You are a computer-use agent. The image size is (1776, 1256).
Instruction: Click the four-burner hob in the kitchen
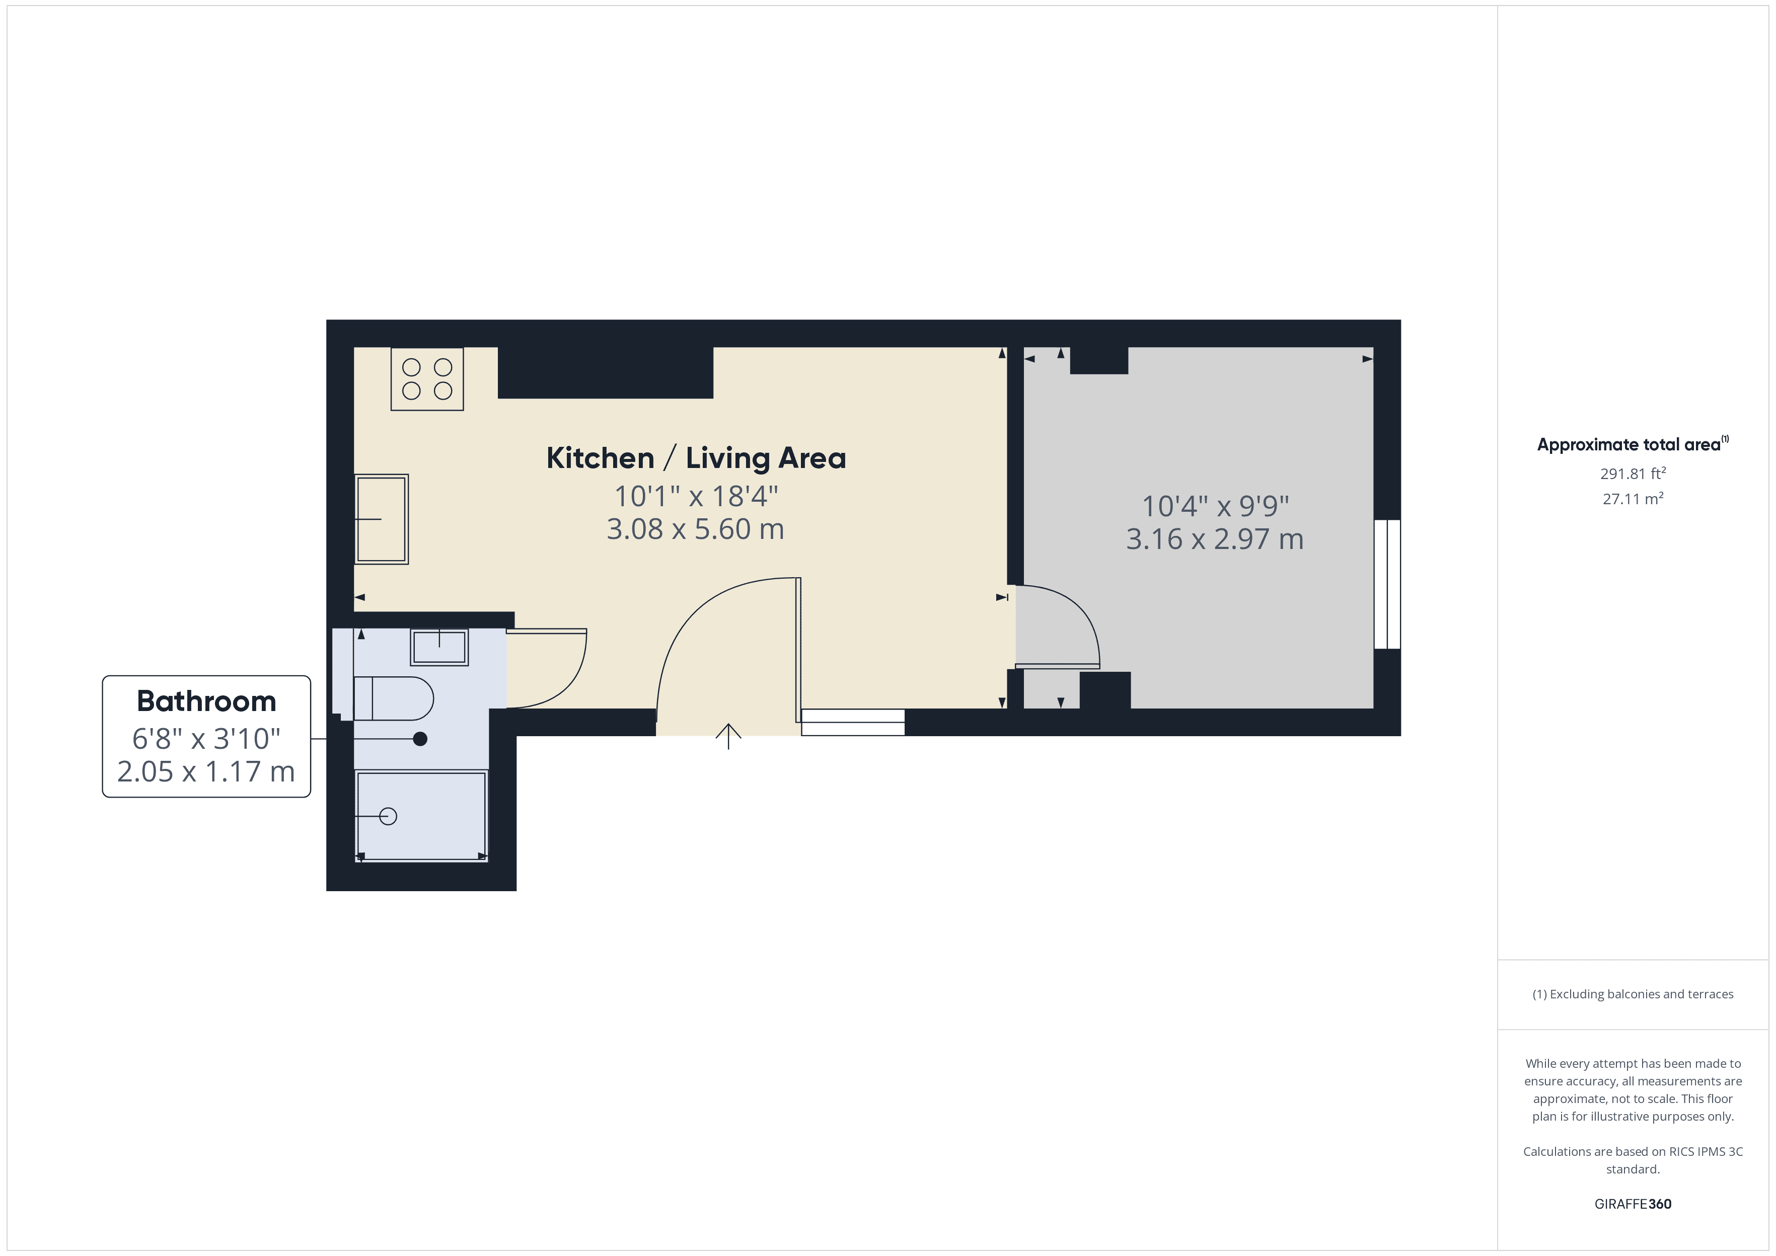[427, 379]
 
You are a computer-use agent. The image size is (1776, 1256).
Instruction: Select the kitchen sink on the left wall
[382, 519]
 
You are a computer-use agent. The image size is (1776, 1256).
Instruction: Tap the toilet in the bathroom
[394, 698]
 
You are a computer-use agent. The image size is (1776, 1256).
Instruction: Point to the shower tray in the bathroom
[421, 815]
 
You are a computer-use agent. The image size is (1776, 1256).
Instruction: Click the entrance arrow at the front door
[728, 736]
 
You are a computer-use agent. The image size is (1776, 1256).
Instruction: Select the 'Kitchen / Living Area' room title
[696, 458]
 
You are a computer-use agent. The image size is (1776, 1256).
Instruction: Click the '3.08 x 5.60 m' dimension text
[695, 529]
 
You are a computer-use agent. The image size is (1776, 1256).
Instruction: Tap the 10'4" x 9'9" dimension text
[1215, 506]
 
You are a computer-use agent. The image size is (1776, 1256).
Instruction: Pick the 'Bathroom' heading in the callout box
[206, 700]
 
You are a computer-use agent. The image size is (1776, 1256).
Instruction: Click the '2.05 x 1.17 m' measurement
[206, 771]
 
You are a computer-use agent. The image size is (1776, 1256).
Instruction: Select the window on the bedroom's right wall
[1387, 584]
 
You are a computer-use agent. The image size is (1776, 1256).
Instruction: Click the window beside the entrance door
[852, 723]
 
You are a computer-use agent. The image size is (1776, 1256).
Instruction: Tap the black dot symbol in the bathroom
[420, 739]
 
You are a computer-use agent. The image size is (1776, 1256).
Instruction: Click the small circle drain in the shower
[388, 816]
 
